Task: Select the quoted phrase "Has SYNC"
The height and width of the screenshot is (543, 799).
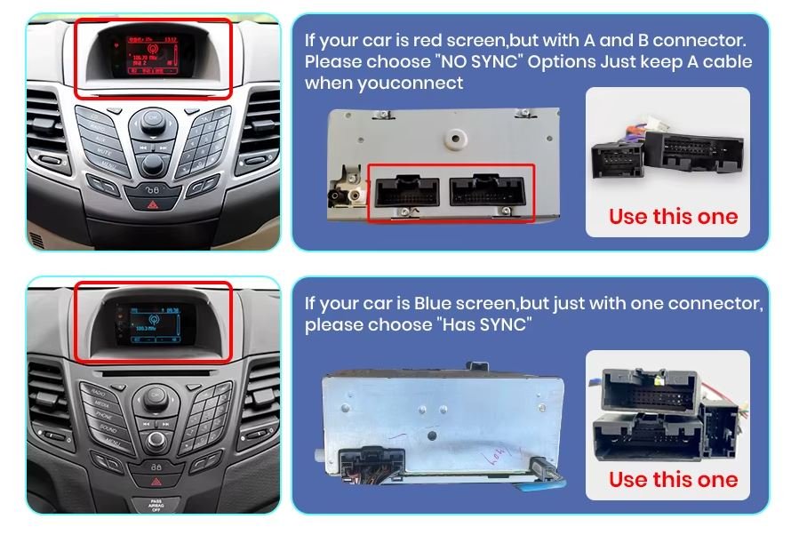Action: (x=484, y=324)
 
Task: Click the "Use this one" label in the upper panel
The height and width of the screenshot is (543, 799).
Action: (x=673, y=216)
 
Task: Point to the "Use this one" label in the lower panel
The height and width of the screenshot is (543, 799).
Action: (x=673, y=479)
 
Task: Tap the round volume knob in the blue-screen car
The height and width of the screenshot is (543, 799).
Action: (x=158, y=440)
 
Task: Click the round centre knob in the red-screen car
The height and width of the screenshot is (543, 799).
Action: (x=154, y=163)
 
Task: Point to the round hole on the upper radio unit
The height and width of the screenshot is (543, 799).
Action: (x=458, y=139)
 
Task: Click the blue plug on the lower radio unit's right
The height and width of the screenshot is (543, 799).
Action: (x=547, y=472)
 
